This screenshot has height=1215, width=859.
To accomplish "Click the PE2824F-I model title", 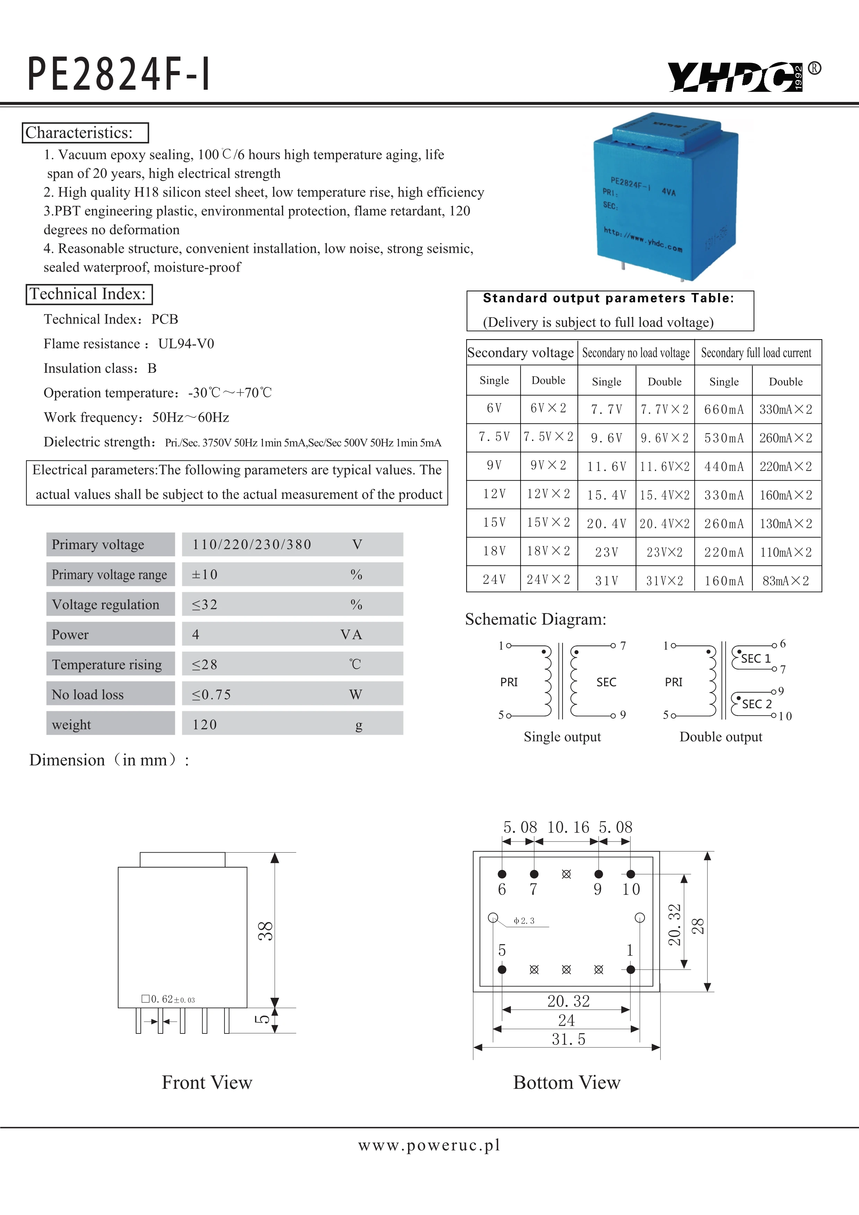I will (119, 74).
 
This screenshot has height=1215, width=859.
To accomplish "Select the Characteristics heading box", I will (85, 133).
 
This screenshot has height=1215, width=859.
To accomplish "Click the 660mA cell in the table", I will (724, 410).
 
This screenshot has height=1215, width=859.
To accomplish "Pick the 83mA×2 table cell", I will (786, 581).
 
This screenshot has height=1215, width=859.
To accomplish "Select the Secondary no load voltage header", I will (636, 353).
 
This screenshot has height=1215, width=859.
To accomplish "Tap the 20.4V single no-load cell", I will (606, 524).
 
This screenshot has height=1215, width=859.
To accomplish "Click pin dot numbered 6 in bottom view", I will (502, 874).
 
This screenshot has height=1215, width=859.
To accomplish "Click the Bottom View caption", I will (567, 1083).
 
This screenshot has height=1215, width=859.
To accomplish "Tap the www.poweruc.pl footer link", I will (429, 1145).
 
